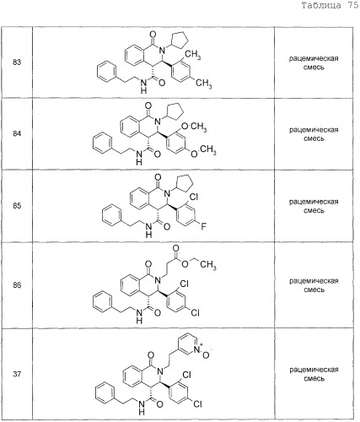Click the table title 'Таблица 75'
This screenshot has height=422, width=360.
coord(330,5)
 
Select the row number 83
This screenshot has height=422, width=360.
coord(17,62)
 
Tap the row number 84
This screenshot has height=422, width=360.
coord(17,133)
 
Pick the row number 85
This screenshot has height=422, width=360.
coord(17,206)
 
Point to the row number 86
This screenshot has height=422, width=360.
coord(17,285)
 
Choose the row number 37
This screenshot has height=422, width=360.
coord(17,374)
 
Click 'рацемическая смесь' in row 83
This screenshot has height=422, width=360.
coord(314,63)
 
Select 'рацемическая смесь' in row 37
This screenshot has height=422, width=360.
coord(314,374)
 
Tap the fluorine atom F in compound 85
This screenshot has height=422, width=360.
coord(203,226)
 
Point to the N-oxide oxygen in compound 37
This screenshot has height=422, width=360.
coord(206,355)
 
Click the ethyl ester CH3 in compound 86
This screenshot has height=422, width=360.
coord(208,265)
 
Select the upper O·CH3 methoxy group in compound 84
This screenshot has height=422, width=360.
coord(194,127)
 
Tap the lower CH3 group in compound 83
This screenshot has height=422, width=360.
coord(203,84)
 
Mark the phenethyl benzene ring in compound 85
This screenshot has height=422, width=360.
coord(111,215)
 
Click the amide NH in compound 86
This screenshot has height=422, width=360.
coord(139,316)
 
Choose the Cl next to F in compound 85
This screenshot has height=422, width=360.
coord(194,197)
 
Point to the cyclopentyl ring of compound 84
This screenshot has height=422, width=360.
coord(175,109)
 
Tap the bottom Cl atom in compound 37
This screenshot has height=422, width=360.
coord(197,404)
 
